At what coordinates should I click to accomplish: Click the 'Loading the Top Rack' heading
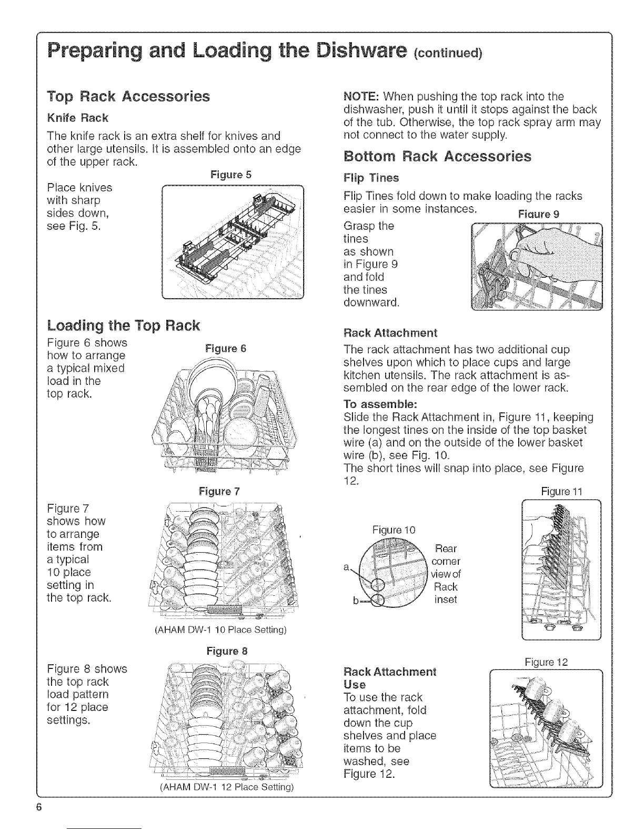click(x=123, y=326)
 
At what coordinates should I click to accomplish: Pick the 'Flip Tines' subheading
click(x=371, y=177)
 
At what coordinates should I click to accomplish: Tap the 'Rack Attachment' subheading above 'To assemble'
click(x=390, y=333)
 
